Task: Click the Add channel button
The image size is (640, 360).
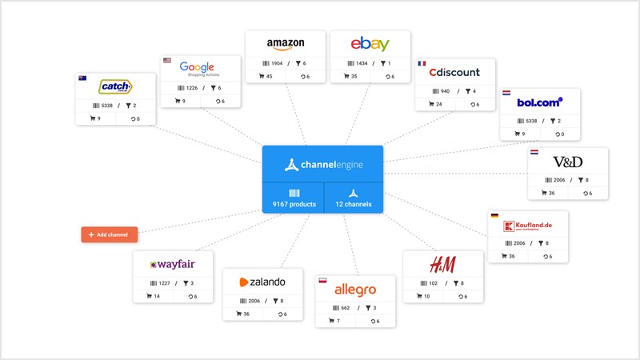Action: coord(110,234)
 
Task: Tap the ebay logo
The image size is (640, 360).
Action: coord(370,44)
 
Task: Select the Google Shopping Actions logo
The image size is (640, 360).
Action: coord(200,70)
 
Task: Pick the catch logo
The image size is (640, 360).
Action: coord(115,86)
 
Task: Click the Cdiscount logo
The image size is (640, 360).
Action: coord(454,73)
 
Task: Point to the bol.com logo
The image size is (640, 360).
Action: coord(540,102)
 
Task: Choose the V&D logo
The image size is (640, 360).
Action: coord(567,162)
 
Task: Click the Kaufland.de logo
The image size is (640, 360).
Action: coord(528,226)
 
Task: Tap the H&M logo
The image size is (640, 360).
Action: coord(442,264)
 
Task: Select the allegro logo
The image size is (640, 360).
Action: coord(354,289)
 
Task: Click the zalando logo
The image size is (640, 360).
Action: coord(262,282)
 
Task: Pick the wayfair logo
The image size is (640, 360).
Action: coord(173,264)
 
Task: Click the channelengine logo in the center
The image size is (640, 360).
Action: coord(322,165)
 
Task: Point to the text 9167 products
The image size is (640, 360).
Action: coord(293,204)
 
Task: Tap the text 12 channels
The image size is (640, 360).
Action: coord(354,204)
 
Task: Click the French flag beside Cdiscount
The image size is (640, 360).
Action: coord(421,62)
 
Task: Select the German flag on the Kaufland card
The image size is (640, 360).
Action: coord(494,215)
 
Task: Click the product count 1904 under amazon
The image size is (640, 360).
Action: coord(276,63)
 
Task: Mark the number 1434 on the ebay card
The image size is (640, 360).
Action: coord(362,63)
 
